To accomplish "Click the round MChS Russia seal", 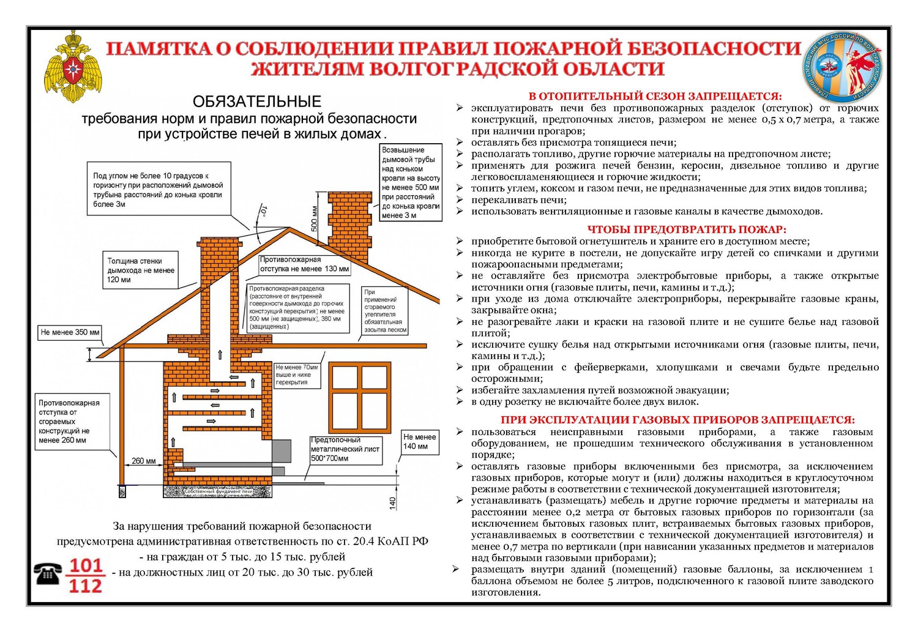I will pyautogui.click(x=843, y=67).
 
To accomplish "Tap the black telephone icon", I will pyautogui.click(x=48, y=574).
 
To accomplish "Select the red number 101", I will pyautogui.click(x=86, y=565).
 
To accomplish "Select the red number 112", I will pyautogui.click(x=86, y=586).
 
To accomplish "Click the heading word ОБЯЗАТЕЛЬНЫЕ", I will pyautogui.click(x=257, y=102).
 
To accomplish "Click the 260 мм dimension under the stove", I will pyautogui.click(x=143, y=461).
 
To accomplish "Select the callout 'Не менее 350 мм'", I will pyautogui.click(x=70, y=332).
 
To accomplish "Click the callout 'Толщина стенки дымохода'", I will pyautogui.click(x=141, y=270).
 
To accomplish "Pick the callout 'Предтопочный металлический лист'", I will pyautogui.click(x=345, y=449).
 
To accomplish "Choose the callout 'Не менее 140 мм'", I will pyautogui.click(x=420, y=442).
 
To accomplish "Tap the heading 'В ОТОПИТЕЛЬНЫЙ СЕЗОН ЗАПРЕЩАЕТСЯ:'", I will pyautogui.click(x=655, y=96).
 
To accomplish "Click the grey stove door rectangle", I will pyautogui.click(x=282, y=451).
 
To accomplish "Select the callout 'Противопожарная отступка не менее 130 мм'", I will pyautogui.click(x=304, y=264).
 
